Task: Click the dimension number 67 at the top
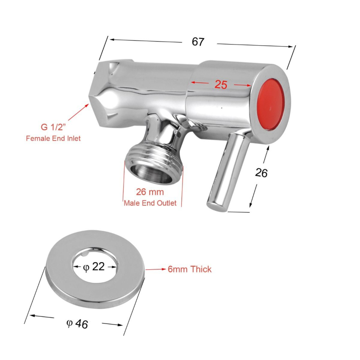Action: tap(198, 42)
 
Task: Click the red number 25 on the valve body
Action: tap(221, 84)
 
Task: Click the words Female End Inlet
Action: tap(53, 138)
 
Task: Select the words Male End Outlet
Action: tap(150, 203)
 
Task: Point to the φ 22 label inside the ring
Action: tap(94, 267)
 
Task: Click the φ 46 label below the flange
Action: tap(78, 324)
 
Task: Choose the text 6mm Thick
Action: tap(189, 269)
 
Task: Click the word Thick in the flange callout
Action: tap(201, 269)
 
